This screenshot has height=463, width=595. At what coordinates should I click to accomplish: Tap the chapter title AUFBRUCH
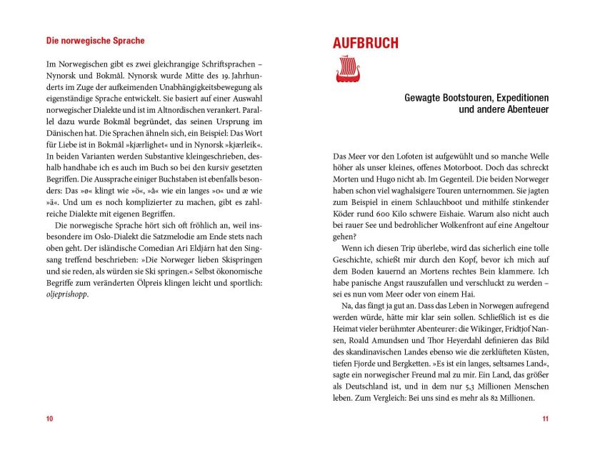point(366,43)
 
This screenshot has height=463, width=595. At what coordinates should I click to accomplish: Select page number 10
point(49,419)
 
